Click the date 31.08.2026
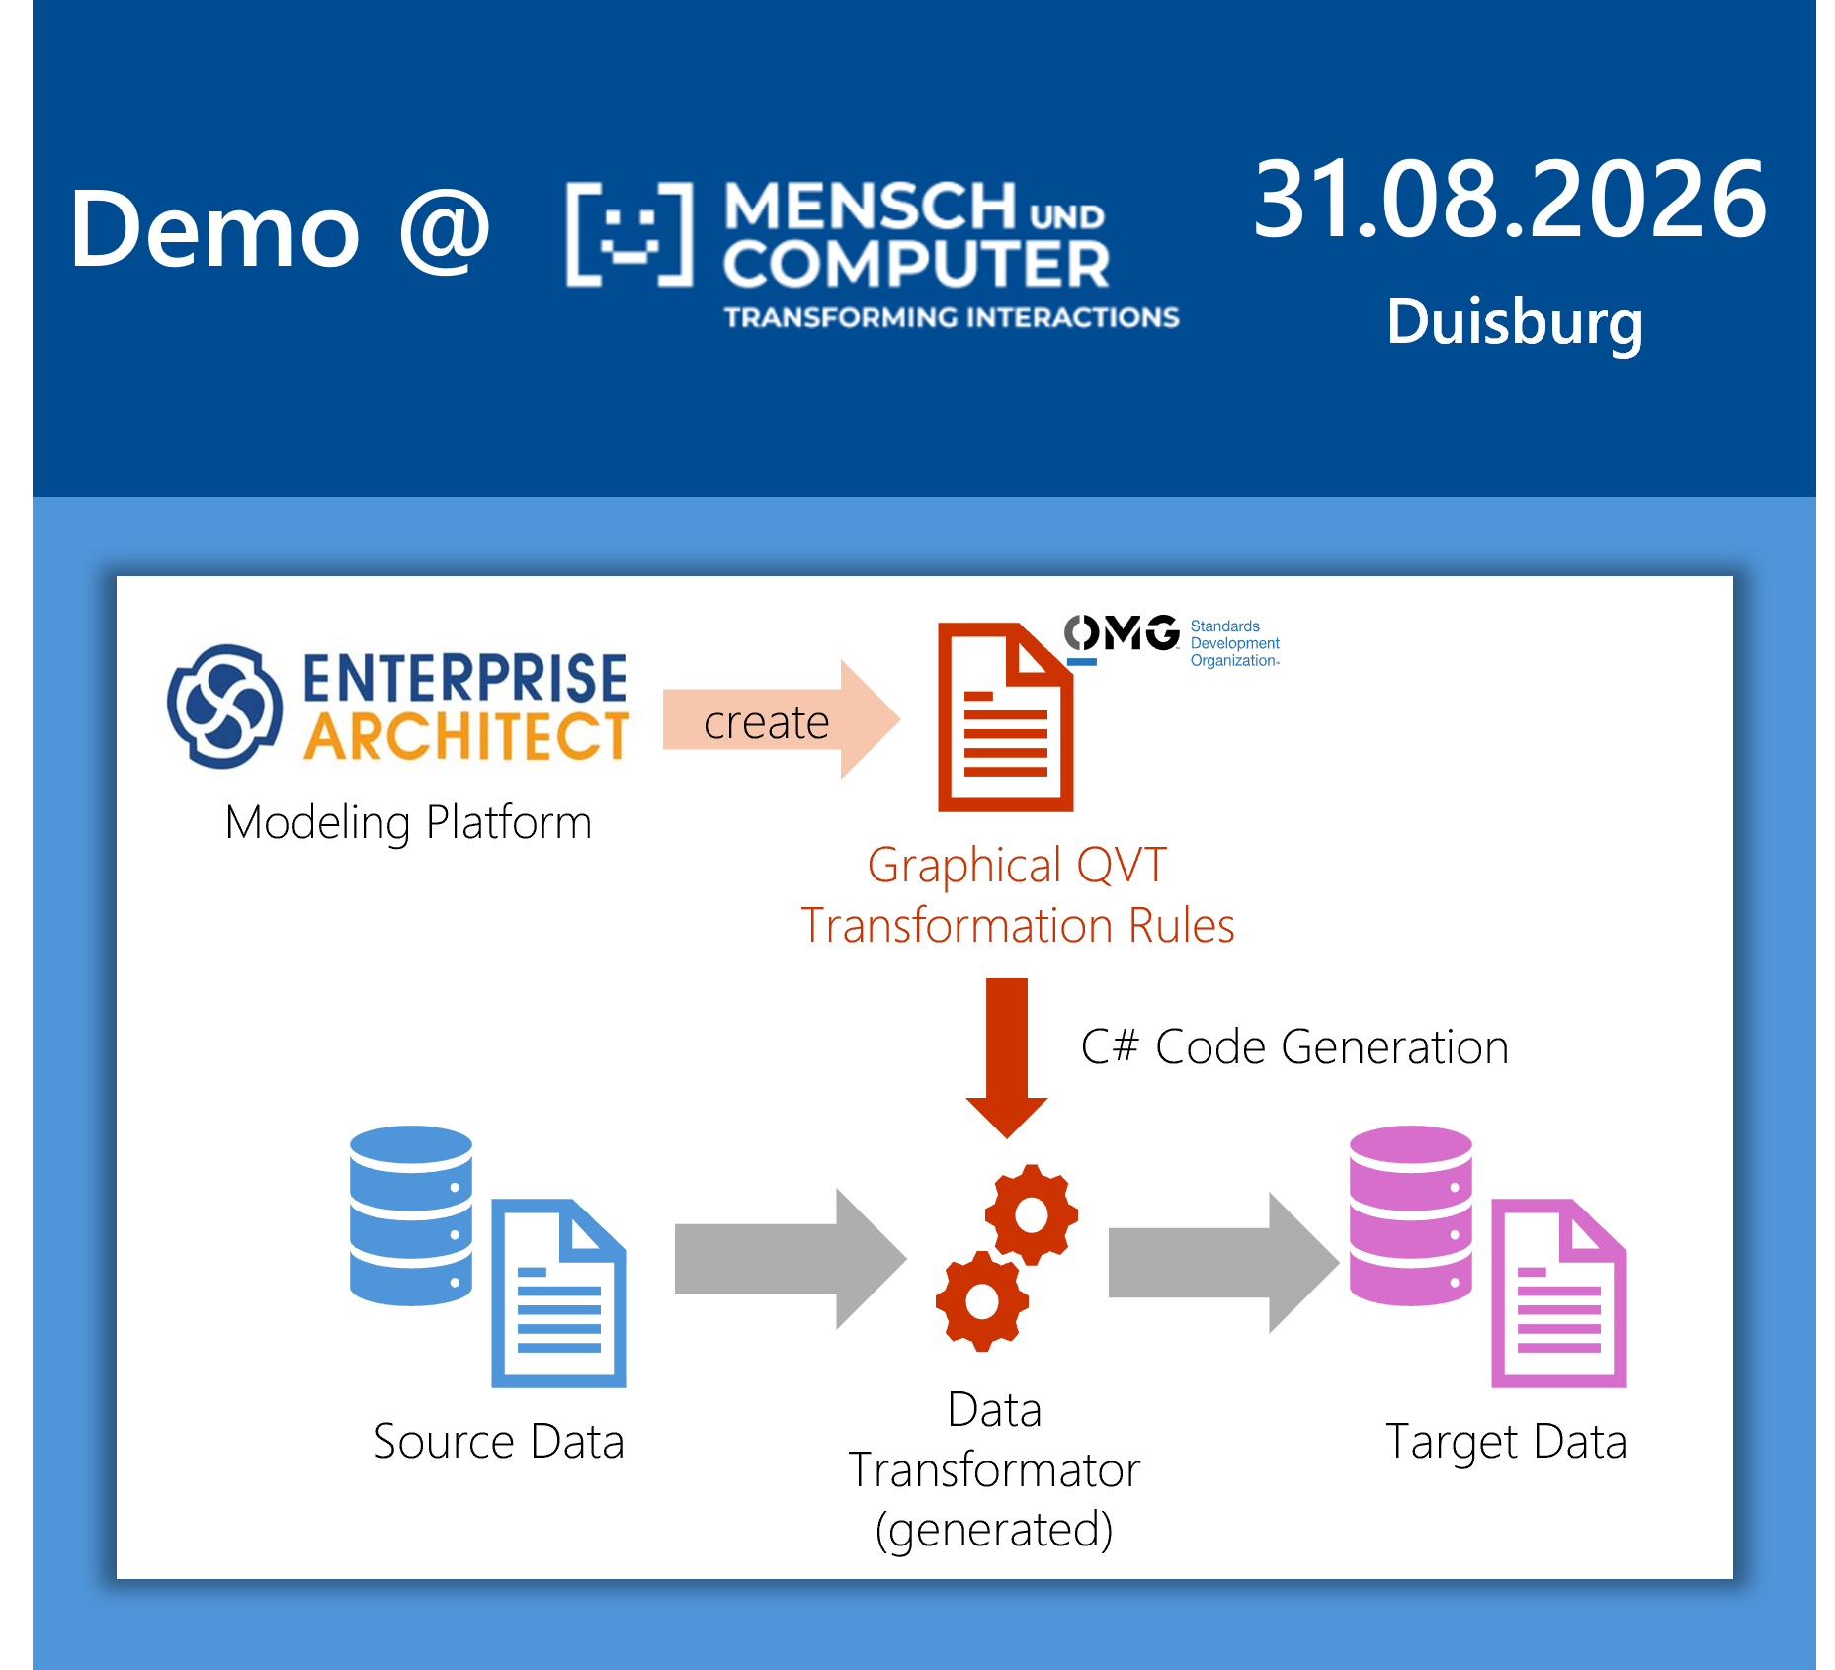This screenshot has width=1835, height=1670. click(x=1509, y=200)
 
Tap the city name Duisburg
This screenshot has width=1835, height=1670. click(x=1515, y=323)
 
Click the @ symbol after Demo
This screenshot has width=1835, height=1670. click(x=445, y=231)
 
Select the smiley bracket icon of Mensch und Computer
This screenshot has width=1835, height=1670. click(x=629, y=234)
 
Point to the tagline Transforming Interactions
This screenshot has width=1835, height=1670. click(x=952, y=317)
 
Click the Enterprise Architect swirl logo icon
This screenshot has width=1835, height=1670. click(x=224, y=707)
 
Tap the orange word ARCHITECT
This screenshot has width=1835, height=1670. click(x=466, y=736)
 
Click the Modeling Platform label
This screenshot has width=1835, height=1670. click(x=408, y=823)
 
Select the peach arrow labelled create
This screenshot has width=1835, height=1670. click(x=782, y=719)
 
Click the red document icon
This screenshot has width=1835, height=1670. click(x=1005, y=717)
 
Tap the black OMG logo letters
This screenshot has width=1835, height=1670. click(x=1122, y=632)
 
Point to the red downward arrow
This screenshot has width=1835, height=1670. click(x=1007, y=1057)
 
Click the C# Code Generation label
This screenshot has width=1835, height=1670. click(x=1294, y=1047)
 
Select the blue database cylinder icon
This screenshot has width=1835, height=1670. click(x=411, y=1215)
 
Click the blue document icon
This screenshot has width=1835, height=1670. click(x=559, y=1294)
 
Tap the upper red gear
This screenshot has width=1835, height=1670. click(x=1031, y=1214)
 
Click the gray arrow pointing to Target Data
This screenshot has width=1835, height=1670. click(x=1224, y=1262)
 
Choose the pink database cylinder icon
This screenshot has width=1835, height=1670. click(x=1411, y=1215)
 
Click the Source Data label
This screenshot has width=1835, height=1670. click(x=499, y=1442)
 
